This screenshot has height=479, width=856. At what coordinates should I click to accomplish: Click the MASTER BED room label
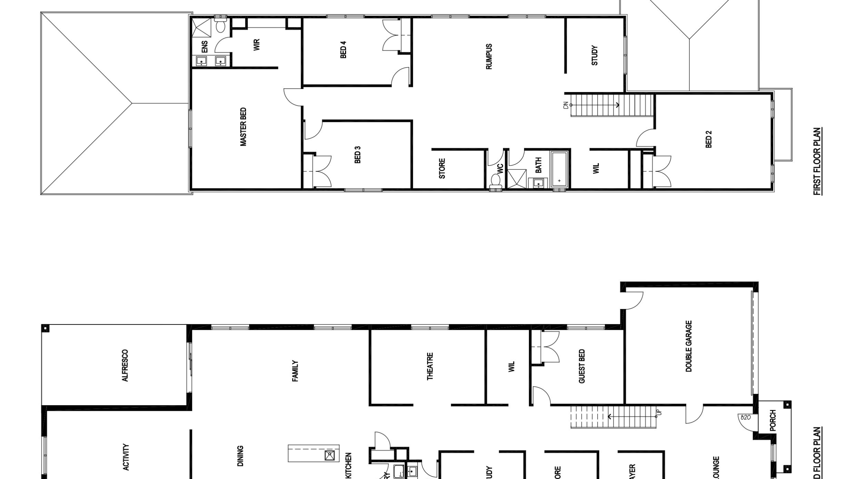click(x=243, y=127)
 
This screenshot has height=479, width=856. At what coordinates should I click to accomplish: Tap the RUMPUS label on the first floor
click(x=489, y=56)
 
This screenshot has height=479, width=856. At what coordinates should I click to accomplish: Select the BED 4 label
click(x=343, y=50)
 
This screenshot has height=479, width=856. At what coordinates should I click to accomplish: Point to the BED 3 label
click(x=358, y=154)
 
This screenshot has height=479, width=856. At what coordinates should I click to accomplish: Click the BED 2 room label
click(x=708, y=139)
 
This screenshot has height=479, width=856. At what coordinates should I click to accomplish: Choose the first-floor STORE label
click(x=442, y=169)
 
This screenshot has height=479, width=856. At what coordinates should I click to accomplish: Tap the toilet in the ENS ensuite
click(x=220, y=26)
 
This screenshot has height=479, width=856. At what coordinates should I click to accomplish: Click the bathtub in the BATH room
click(x=559, y=170)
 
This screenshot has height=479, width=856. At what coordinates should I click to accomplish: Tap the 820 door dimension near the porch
click(x=745, y=418)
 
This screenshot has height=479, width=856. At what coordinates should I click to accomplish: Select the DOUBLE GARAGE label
click(x=688, y=346)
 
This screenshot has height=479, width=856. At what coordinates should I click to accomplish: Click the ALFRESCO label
click(x=125, y=365)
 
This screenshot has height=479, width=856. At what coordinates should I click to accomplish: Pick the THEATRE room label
click(x=430, y=366)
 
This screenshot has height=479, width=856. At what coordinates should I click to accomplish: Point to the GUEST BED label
click(x=582, y=366)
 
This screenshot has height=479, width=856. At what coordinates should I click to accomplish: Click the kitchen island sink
click(x=329, y=455)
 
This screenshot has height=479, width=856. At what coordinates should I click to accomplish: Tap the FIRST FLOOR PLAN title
click(x=817, y=161)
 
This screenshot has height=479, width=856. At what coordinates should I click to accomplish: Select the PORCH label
click(x=773, y=420)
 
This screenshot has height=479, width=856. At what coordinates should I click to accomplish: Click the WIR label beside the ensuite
click(x=256, y=45)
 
